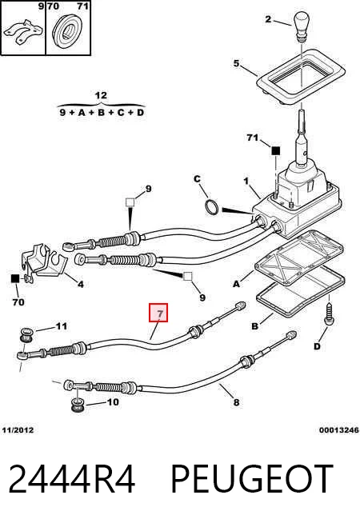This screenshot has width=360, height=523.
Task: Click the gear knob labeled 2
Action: (x=303, y=27)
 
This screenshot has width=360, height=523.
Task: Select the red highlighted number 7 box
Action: (x=158, y=313)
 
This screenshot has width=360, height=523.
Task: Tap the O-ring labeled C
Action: (x=212, y=207)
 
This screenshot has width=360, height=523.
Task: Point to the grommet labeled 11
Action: (x=26, y=334)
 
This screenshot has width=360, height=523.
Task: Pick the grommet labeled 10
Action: (x=78, y=405)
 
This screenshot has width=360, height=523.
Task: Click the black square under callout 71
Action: (x=275, y=151)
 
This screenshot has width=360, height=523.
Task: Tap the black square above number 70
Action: (x=15, y=278)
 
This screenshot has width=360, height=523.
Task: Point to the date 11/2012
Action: (x=18, y=430)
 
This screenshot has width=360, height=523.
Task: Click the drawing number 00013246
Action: (x=339, y=430)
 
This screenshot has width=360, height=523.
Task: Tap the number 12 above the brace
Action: (x=101, y=95)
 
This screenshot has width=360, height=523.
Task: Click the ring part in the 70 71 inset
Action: (x=69, y=30)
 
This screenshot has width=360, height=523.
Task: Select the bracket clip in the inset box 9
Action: (x=22, y=32)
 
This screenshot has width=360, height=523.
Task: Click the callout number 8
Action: (x=236, y=402)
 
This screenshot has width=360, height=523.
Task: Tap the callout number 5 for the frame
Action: (x=236, y=63)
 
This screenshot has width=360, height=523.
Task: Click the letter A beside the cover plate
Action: (x=236, y=284)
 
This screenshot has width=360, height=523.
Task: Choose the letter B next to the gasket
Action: (x=254, y=325)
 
